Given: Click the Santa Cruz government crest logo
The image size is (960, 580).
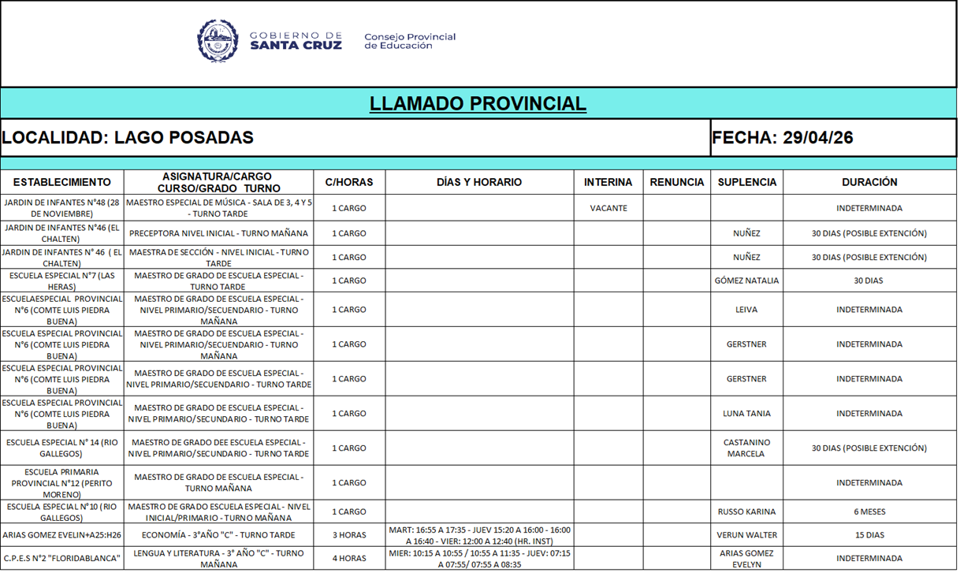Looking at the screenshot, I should [218, 41].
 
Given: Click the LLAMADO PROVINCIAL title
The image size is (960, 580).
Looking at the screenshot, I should [478, 103].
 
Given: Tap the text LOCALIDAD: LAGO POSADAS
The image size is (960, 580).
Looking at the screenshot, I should [128, 138].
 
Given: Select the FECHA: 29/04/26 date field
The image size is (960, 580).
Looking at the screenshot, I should [782, 138].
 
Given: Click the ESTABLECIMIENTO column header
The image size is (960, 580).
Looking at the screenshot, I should [62, 182].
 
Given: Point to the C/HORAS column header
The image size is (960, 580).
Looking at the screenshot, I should [349, 182].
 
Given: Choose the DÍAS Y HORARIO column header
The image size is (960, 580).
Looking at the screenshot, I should [479, 182].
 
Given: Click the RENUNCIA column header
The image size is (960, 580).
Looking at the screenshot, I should [676, 182].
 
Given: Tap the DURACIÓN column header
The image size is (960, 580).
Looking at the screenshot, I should [869, 182].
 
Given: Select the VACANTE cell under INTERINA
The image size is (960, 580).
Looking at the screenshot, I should [608, 209].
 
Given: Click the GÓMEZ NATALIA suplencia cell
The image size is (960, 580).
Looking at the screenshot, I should [746, 281].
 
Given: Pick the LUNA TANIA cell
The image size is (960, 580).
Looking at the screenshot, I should [746, 414].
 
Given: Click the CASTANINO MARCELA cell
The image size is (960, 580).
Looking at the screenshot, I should [746, 448].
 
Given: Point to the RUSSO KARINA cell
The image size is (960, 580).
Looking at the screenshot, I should [746, 511].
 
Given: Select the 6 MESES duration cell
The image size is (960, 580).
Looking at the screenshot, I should [869, 511].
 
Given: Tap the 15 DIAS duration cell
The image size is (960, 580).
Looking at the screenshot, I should [869, 535].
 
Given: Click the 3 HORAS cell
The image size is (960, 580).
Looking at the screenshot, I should [349, 535].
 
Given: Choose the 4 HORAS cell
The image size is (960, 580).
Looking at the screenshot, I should [349, 559].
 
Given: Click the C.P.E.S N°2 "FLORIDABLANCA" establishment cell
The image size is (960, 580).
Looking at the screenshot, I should [62, 559].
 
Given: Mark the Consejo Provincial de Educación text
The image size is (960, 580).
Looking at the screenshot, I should [410, 41].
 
